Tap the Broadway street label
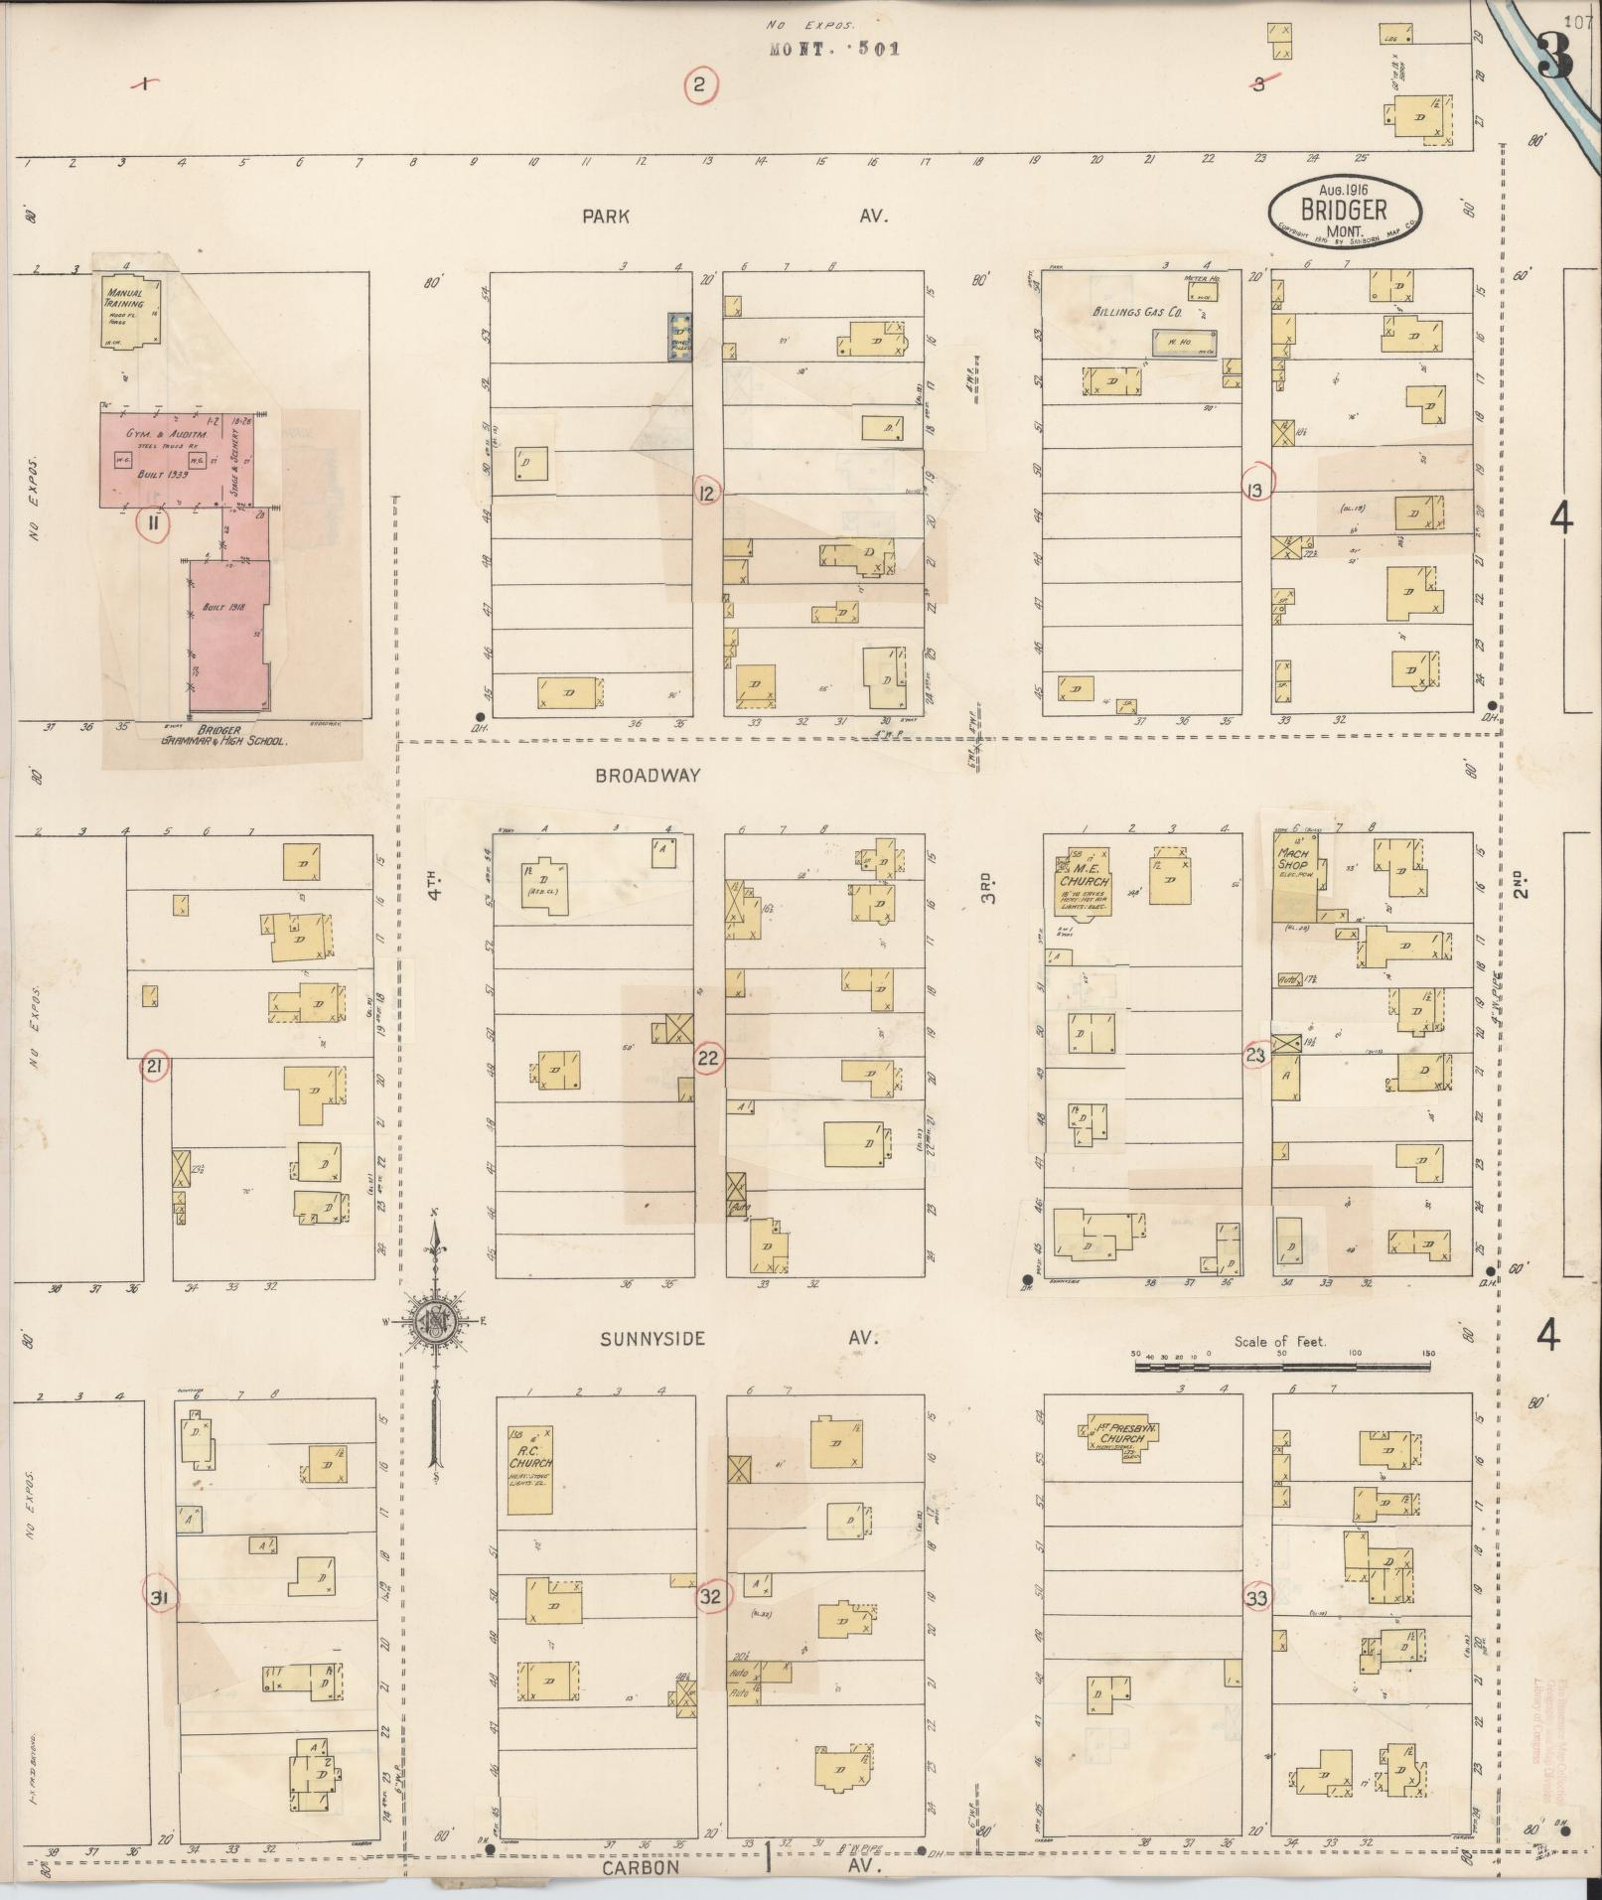[648, 776]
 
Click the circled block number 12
[707, 493]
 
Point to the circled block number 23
[1255, 1056]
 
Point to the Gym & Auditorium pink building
[174, 457]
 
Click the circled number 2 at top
[699, 85]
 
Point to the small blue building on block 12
[680, 336]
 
